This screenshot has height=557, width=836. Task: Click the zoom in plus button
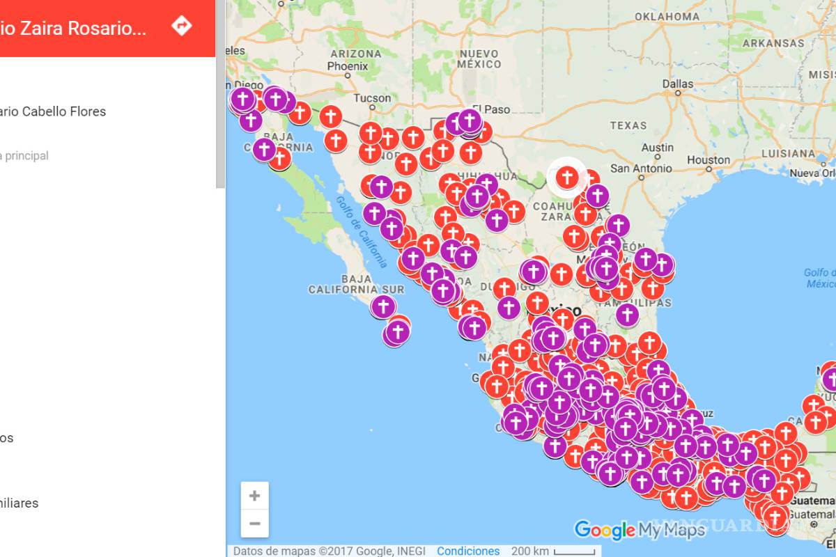(254, 496)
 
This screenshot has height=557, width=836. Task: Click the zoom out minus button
(254, 524)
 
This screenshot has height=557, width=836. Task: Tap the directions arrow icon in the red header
(182, 26)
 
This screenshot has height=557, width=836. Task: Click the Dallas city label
(678, 84)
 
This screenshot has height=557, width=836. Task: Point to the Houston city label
(708, 160)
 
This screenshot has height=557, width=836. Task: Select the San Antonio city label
(641, 168)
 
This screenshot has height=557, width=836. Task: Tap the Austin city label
(657, 148)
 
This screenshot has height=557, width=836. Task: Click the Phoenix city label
(348, 66)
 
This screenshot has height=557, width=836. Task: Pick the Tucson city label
(372, 98)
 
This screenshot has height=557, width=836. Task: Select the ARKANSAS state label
(773, 43)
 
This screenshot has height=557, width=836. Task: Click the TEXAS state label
(628, 126)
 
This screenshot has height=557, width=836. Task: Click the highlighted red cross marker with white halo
(567, 178)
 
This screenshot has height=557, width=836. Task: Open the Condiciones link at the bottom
(468, 551)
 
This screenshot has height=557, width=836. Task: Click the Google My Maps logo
(640, 531)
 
